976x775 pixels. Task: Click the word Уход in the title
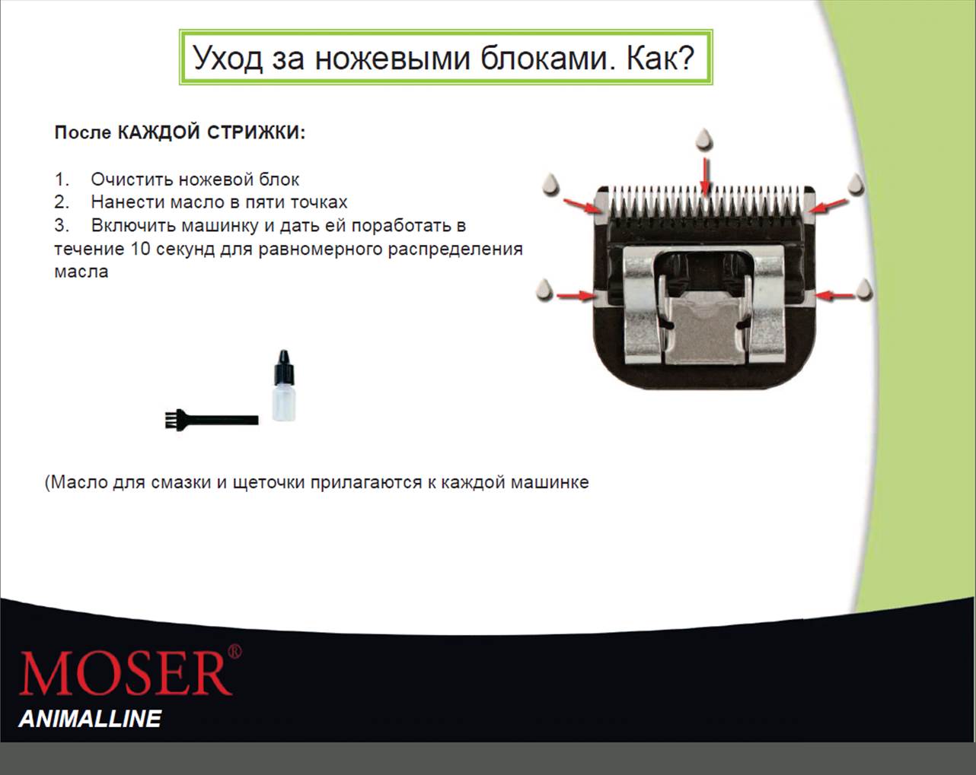pyautogui.click(x=228, y=59)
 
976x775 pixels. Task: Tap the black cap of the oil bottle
pyautogui.click(x=284, y=367)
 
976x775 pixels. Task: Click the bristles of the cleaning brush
pyautogui.click(x=170, y=420)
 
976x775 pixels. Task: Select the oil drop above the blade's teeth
pyautogui.click(x=704, y=138)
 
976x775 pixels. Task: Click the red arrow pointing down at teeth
pyautogui.click(x=704, y=176)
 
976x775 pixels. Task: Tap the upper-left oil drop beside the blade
pyautogui.click(x=551, y=185)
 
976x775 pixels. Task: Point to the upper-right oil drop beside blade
pyautogui.click(x=856, y=185)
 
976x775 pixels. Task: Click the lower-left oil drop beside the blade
pyautogui.click(x=544, y=290)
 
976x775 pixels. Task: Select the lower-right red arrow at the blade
pyautogui.click(x=834, y=296)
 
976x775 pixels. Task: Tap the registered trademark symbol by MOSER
pyautogui.click(x=234, y=651)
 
